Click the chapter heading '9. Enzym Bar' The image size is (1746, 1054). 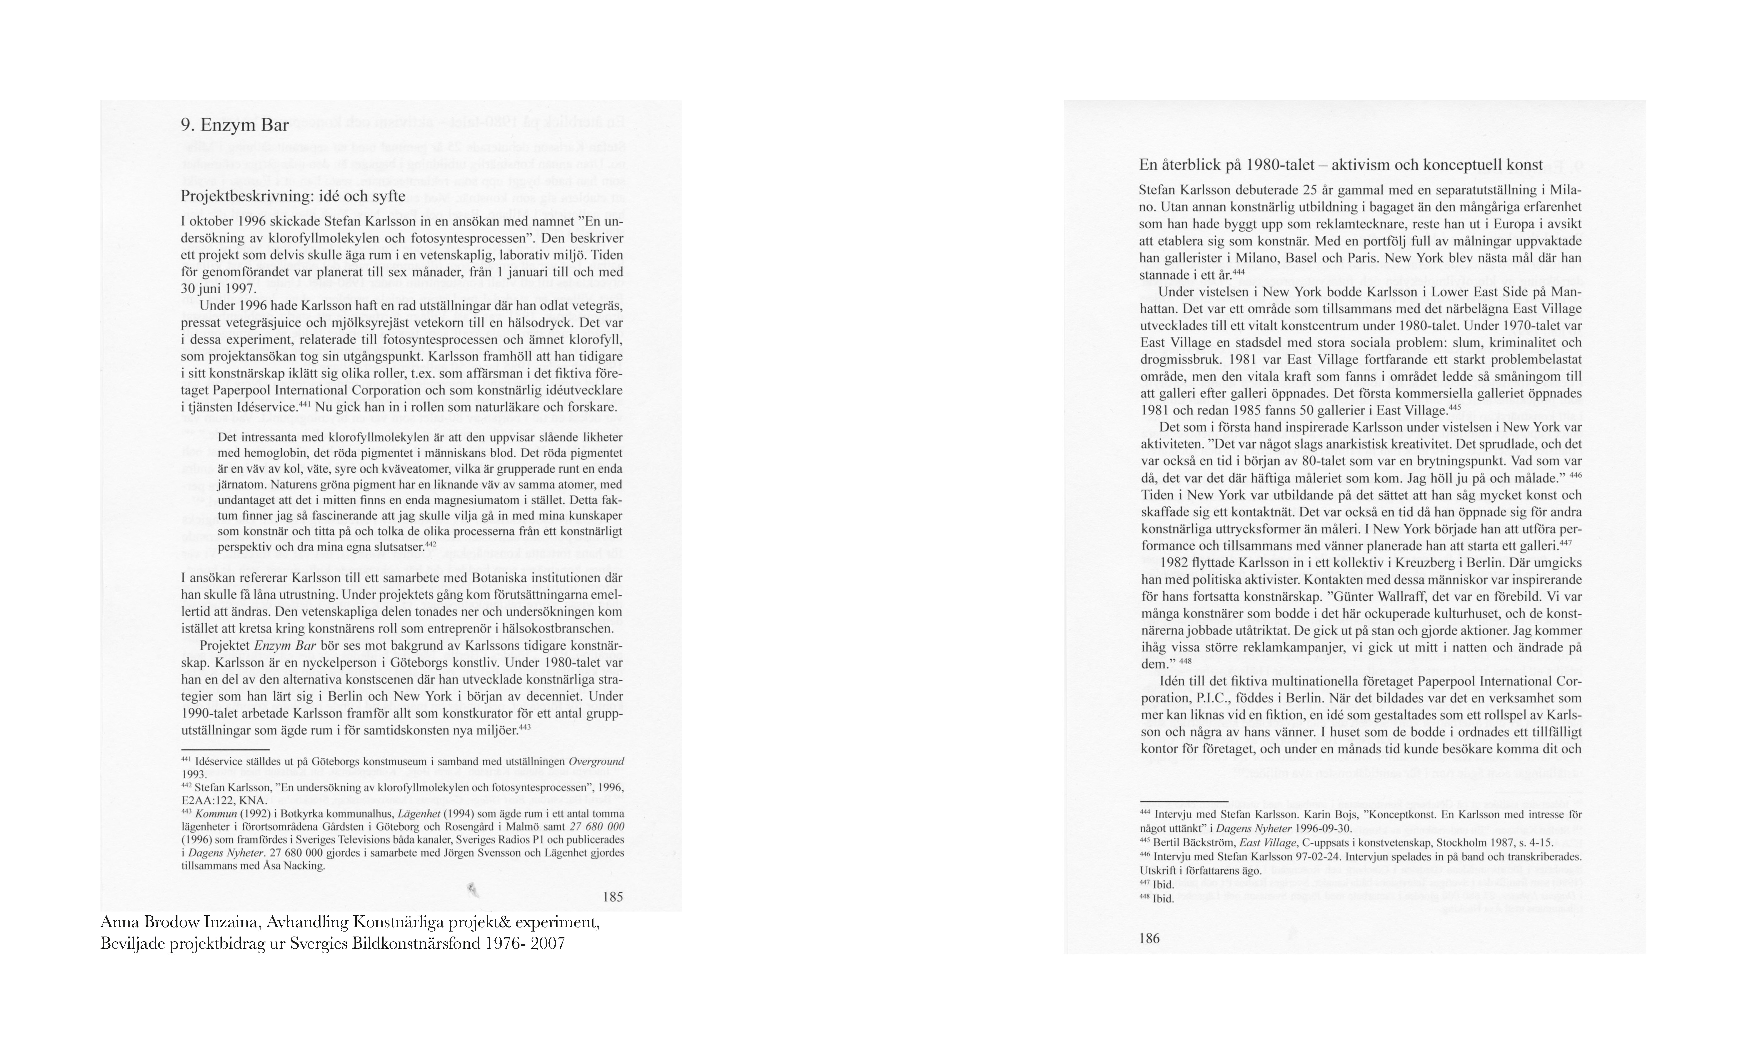click(x=235, y=126)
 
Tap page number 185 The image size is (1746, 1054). click(x=612, y=897)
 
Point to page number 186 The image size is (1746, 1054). click(x=1149, y=938)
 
